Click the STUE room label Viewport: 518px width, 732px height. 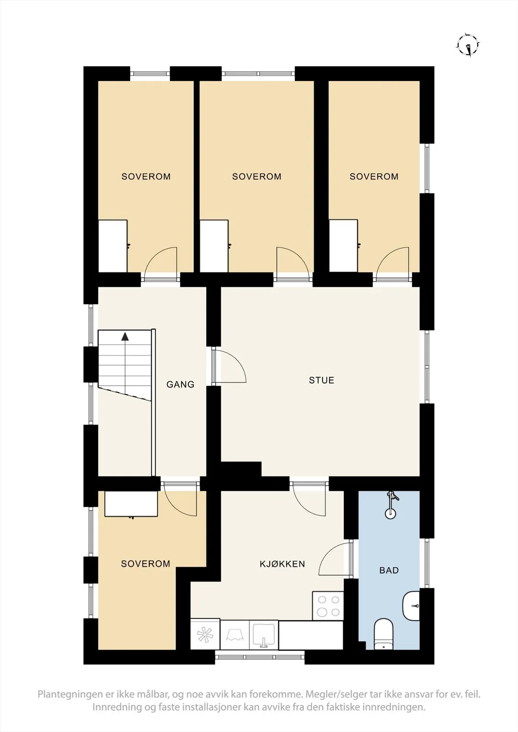322,380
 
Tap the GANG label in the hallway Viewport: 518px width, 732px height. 180,384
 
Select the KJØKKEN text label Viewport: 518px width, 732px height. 282,564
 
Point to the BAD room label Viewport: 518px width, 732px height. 389,570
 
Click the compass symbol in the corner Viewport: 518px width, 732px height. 468,45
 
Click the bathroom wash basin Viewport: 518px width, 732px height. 411,606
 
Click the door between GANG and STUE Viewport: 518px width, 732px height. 229,366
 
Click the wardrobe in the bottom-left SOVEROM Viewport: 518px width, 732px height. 131,504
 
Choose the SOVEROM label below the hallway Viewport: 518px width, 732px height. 146,564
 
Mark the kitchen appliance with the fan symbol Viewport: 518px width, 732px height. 205,635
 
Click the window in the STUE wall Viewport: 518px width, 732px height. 427,366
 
